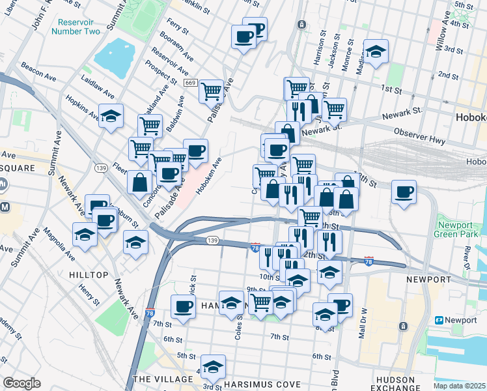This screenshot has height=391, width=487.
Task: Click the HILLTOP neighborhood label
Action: click(x=88, y=275)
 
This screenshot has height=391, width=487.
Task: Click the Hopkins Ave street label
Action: click(x=81, y=108)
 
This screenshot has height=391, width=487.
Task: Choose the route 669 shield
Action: click(x=191, y=83)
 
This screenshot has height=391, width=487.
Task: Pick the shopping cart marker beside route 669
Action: click(x=211, y=91)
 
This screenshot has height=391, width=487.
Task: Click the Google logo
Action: click(x=22, y=383)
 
